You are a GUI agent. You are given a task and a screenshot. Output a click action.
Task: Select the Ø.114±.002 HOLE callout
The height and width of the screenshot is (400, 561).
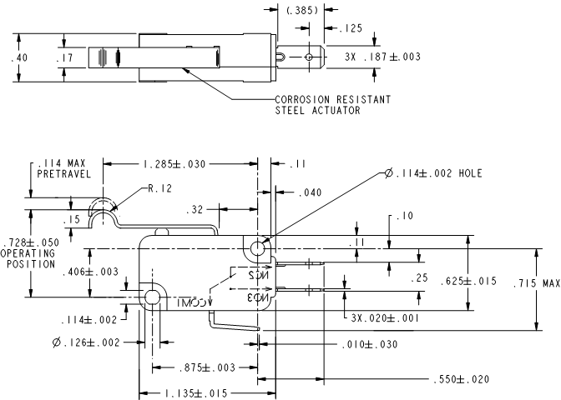tap(434, 173)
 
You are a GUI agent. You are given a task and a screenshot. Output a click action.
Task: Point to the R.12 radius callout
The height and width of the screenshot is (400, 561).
tap(159, 190)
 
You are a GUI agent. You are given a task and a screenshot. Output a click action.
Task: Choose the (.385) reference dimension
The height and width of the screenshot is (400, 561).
tap(299, 11)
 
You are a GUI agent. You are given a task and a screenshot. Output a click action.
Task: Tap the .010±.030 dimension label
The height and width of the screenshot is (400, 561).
tap(368, 343)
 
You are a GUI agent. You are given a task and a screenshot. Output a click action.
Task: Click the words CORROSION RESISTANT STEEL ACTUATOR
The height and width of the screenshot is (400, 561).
tap(333, 105)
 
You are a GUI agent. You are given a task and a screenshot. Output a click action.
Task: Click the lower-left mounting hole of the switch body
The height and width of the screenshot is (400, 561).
tap(153, 297)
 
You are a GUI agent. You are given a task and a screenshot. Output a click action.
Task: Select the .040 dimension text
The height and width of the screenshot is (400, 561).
tap(310, 192)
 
